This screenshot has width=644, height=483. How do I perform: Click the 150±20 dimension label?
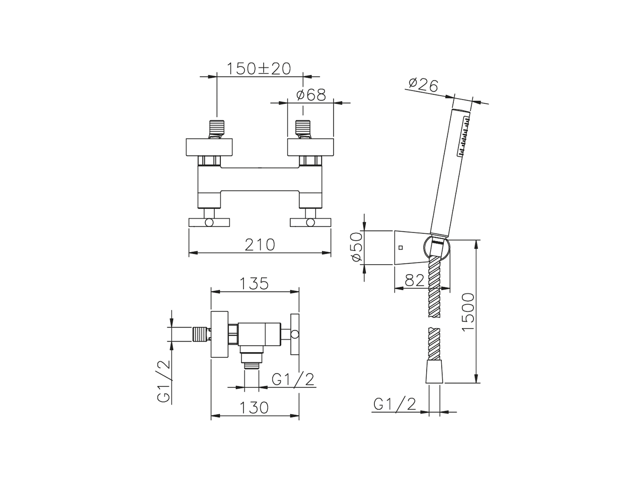click(259, 68)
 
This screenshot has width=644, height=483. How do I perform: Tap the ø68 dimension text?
click(311, 95)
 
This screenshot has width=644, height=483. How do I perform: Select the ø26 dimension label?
click(423, 86)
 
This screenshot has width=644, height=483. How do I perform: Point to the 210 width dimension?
click(260, 245)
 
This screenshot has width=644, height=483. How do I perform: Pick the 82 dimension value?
click(415, 281)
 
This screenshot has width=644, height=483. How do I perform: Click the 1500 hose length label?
click(468, 312)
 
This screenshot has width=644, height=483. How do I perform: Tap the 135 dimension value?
click(254, 284)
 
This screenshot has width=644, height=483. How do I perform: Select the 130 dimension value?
click(254, 408)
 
